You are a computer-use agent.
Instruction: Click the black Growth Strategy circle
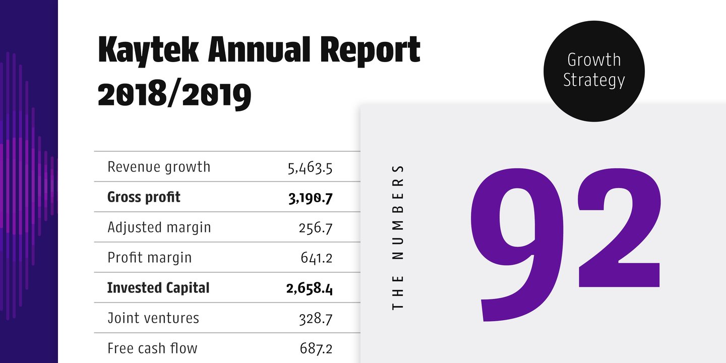(x=594, y=71)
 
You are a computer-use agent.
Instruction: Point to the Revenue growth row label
(x=159, y=167)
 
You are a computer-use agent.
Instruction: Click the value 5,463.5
(x=310, y=168)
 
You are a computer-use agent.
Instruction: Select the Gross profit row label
(x=144, y=197)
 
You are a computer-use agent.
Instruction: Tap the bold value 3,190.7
(x=310, y=198)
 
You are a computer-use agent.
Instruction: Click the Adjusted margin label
(x=159, y=227)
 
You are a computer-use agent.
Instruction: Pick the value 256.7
(x=316, y=228)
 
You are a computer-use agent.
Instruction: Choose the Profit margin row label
(x=150, y=258)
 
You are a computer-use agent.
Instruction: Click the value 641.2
(x=317, y=259)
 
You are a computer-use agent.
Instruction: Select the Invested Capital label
(x=158, y=288)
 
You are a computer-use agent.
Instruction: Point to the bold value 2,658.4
(x=309, y=289)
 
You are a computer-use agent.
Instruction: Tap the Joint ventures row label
(x=153, y=318)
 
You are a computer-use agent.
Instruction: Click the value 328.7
(x=316, y=319)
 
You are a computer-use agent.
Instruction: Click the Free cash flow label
(x=152, y=348)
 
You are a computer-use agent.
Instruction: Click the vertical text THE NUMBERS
(x=398, y=236)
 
